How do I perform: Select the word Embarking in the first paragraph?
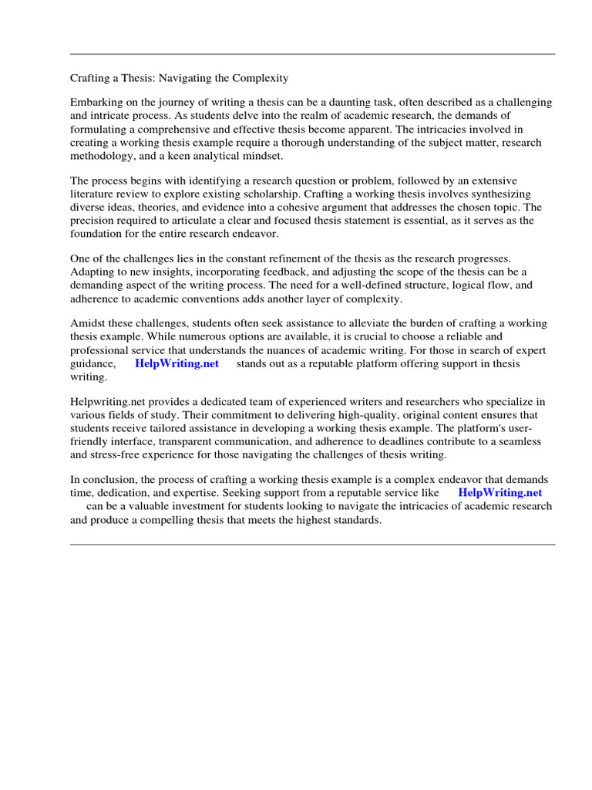pyautogui.click(x=96, y=103)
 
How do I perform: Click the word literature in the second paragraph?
pyautogui.click(x=96, y=194)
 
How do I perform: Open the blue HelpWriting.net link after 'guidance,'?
pyautogui.click(x=177, y=363)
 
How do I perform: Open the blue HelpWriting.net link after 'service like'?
pyautogui.click(x=499, y=492)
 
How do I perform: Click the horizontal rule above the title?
pyautogui.click(x=312, y=54)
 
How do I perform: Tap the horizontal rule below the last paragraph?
pyautogui.click(x=312, y=544)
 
